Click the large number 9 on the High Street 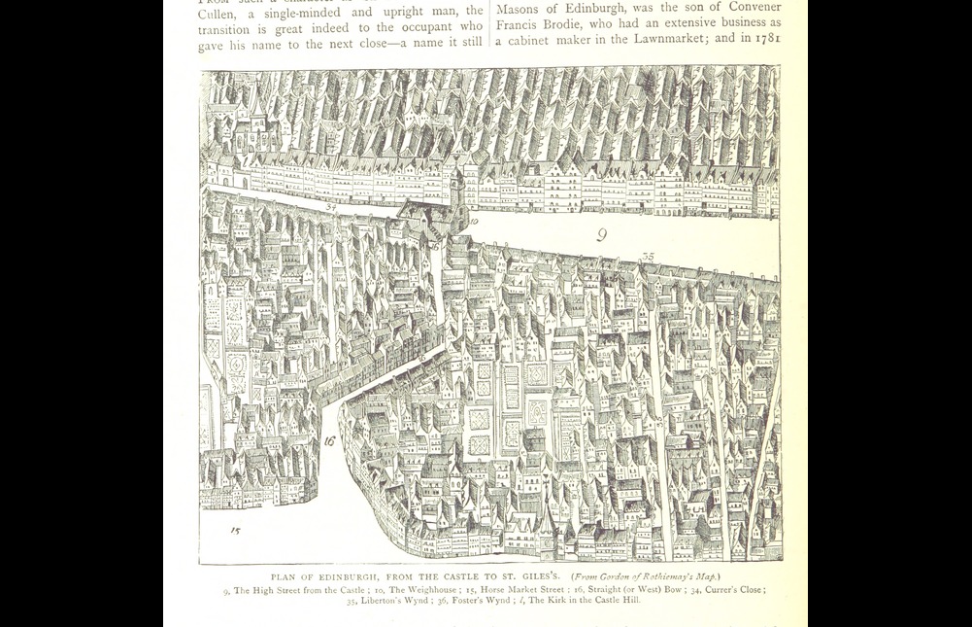pyautogui.click(x=602, y=234)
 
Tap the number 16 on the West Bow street pyautogui.click(x=329, y=440)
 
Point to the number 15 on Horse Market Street pyautogui.click(x=235, y=531)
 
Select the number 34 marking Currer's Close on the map pyautogui.click(x=331, y=207)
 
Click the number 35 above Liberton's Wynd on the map pyautogui.click(x=648, y=257)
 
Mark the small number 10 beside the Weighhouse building pyautogui.click(x=474, y=223)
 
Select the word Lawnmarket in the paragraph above pyautogui.click(x=661, y=39)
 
